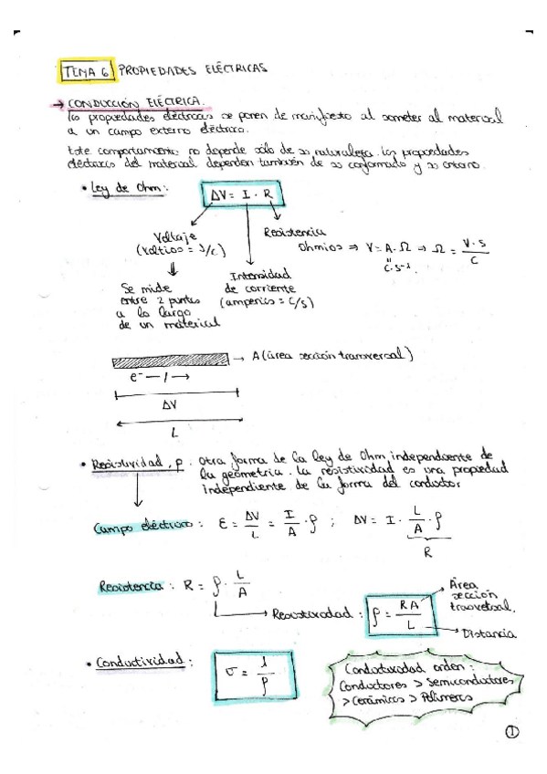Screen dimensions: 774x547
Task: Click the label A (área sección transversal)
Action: pos(334,356)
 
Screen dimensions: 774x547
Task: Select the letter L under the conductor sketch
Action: pos(174,434)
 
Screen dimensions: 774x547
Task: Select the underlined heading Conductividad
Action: pos(139,662)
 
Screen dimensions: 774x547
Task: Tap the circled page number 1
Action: pos(509,732)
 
